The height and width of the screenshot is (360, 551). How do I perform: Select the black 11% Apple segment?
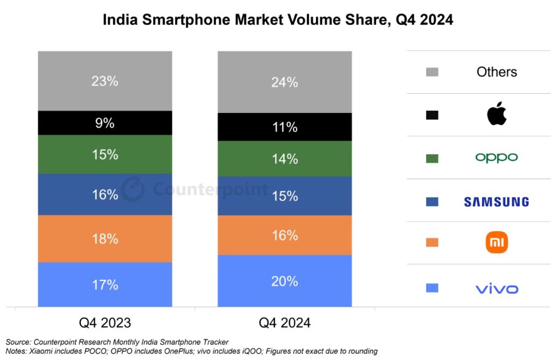pyautogui.click(x=285, y=127)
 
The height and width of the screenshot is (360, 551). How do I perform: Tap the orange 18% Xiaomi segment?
pyautogui.click(x=105, y=238)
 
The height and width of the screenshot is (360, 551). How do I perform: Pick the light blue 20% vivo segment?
pyautogui.click(x=285, y=281)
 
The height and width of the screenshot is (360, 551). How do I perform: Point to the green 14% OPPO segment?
pyautogui.click(x=285, y=159)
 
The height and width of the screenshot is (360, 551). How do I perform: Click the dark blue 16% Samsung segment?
pyautogui.click(x=105, y=194)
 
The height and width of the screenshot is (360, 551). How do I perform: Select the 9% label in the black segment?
pyautogui.click(x=105, y=123)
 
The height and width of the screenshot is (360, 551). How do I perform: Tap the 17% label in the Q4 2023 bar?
pyautogui.click(x=105, y=284)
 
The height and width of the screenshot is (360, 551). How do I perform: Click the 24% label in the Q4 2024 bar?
pyautogui.click(x=285, y=82)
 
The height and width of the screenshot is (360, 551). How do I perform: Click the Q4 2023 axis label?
pyautogui.click(x=105, y=323)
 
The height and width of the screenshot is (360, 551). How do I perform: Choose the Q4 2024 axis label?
pyautogui.click(x=285, y=323)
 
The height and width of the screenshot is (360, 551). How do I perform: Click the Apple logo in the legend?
pyautogui.click(x=497, y=115)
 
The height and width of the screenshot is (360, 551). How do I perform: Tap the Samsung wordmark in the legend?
pyautogui.click(x=496, y=202)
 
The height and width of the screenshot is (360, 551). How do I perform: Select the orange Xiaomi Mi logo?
pyautogui.click(x=497, y=243)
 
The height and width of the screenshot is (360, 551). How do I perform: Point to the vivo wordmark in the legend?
pyautogui.click(x=497, y=289)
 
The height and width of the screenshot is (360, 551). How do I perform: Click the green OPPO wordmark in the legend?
pyautogui.click(x=496, y=158)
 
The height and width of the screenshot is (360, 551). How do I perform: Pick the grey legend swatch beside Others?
pyautogui.click(x=432, y=72)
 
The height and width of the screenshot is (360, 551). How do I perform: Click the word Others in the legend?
pyautogui.click(x=497, y=72)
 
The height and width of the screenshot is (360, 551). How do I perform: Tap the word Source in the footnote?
pyautogui.click(x=18, y=342)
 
